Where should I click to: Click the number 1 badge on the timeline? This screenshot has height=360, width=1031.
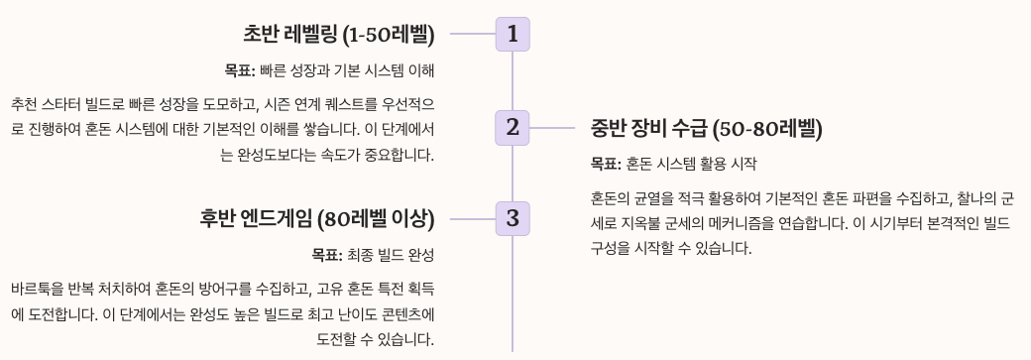[512, 35]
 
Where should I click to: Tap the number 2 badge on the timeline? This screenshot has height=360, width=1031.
[512, 127]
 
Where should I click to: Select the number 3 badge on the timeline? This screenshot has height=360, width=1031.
[512, 218]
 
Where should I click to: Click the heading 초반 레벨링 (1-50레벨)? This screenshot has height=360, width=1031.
[339, 35]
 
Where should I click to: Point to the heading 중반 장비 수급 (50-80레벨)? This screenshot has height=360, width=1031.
[707, 128]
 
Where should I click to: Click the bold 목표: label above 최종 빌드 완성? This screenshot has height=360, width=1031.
[326, 255]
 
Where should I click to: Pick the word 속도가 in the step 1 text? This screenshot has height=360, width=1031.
[334, 155]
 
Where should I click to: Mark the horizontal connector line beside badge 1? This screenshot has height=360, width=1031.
[472, 35]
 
